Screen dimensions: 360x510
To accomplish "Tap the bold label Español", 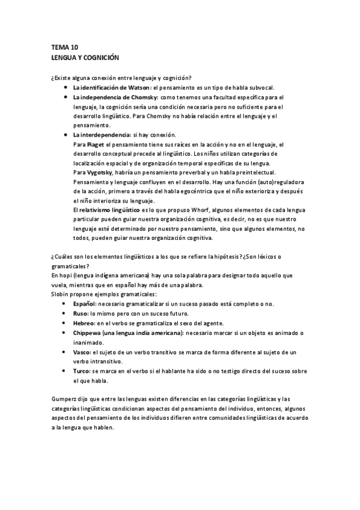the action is tap(84, 304).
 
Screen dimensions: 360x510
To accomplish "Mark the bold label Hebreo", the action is tap(84, 323).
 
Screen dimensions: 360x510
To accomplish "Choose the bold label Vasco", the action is tap(82, 352).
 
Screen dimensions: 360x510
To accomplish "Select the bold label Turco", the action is tap(82, 371).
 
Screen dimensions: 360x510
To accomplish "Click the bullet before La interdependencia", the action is tap(65, 135).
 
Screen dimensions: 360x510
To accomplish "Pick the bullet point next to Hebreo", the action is tap(65, 323).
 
